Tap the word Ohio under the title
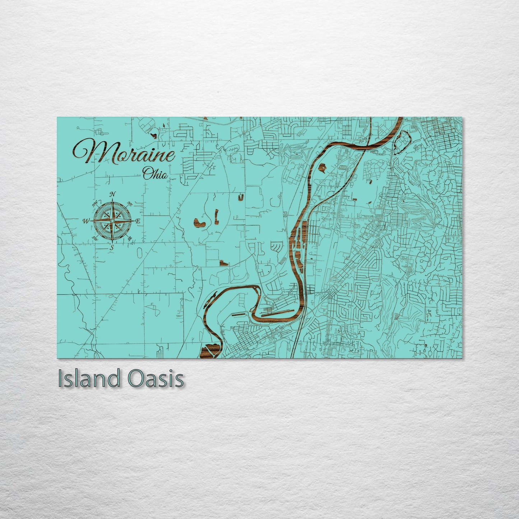coord(155,175)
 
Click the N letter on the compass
coord(113,195)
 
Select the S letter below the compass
coord(112,247)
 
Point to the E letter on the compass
coord(138,221)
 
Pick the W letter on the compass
coord(86,221)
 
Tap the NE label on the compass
coord(130,204)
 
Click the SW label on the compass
coord(95,238)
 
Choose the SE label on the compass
coord(130,238)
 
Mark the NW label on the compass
coord(96,204)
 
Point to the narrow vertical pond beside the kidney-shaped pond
coord(217,216)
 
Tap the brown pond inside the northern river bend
coord(323,167)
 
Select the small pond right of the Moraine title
coord(154,136)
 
